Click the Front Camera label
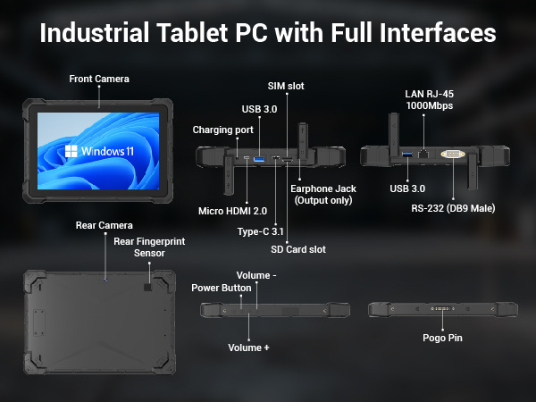(99, 79)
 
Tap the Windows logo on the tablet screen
(71, 151)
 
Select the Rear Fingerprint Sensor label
(149, 247)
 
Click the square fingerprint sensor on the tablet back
(147, 287)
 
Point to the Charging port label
(222, 130)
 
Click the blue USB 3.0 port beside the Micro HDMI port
(259, 159)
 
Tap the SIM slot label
(286, 86)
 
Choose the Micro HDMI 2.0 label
(233, 211)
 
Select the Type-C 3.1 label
(261, 231)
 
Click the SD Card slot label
(298, 249)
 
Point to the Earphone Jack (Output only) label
(323, 195)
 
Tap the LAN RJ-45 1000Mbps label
(430, 100)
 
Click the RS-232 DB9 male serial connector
(453, 154)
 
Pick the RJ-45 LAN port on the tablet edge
(423, 155)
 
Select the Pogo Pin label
(442, 338)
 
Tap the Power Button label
(222, 289)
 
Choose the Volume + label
(248, 348)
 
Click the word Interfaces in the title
(438, 33)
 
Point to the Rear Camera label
(105, 226)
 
